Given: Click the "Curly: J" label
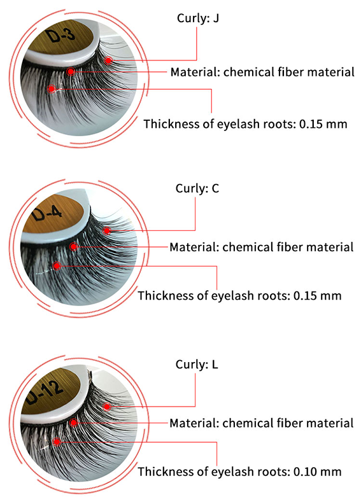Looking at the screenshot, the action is click(198, 18).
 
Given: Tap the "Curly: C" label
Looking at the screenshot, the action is click(197, 188).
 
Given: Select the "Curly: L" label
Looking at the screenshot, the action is click(197, 364).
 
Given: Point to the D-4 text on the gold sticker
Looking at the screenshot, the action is click(47, 213).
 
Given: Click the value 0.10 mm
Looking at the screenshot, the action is click(317, 472).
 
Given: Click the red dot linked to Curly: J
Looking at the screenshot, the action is click(108, 60).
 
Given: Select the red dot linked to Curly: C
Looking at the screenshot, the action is click(107, 230).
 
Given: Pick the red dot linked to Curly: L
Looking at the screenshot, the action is click(107, 407).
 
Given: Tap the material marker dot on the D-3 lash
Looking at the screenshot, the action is click(71, 71).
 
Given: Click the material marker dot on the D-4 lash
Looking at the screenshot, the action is click(74, 246).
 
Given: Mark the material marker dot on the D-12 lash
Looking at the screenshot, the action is click(74, 423).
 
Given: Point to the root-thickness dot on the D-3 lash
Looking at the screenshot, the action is click(52, 88).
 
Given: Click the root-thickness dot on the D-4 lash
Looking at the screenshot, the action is click(57, 265).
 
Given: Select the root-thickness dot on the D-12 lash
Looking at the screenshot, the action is click(57, 442).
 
